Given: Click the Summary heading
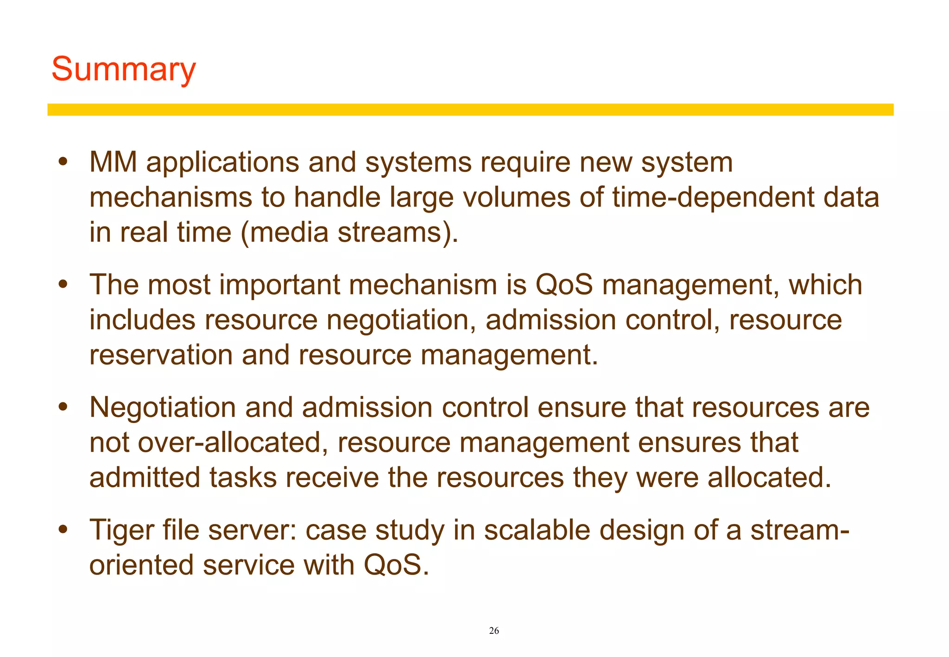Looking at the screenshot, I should (x=123, y=69).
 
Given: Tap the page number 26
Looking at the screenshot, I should (x=494, y=631).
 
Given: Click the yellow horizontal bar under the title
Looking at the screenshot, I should (x=470, y=110).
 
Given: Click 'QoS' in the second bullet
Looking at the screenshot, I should (x=564, y=285).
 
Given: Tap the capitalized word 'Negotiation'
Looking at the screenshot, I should (x=163, y=408).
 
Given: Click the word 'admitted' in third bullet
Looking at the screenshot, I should (x=145, y=478).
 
